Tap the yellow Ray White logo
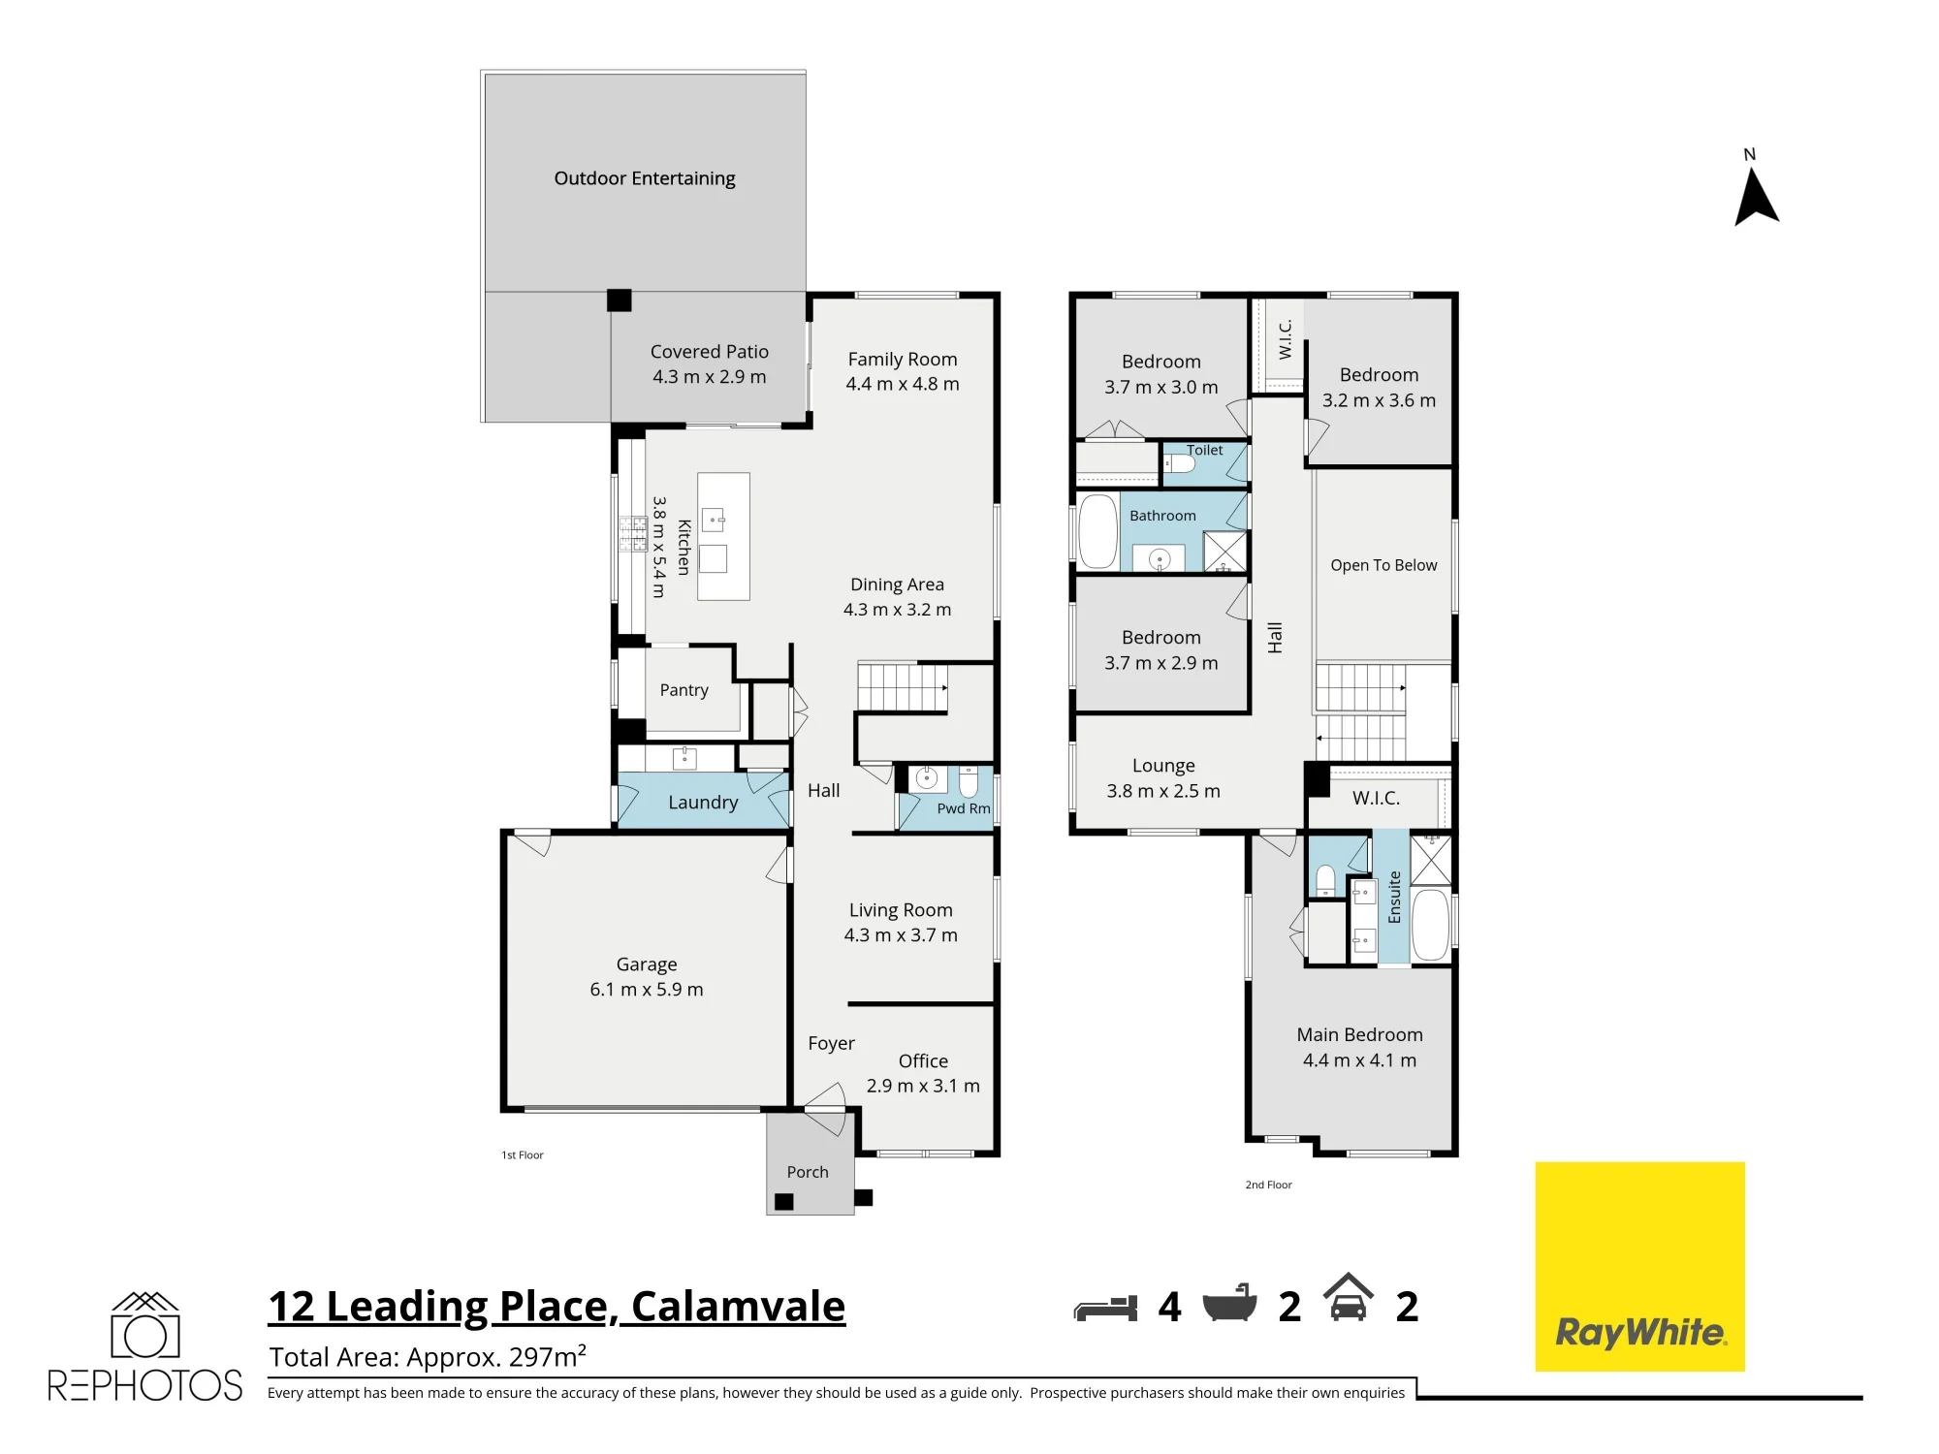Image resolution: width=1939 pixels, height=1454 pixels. point(1639,1266)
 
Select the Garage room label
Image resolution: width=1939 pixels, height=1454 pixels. point(647,964)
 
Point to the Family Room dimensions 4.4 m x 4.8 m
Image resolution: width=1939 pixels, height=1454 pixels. point(903,384)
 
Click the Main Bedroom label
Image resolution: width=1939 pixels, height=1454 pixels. point(1359,1034)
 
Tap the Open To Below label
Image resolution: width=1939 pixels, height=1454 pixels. point(1383,565)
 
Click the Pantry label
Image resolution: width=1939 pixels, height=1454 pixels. point(684,690)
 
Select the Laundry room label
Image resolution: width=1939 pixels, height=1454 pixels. point(703,803)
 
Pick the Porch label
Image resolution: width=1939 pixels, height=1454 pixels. point(808,1172)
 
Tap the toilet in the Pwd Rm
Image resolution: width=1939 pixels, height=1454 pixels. point(969,782)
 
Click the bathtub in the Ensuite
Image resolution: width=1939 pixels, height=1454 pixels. point(1430,924)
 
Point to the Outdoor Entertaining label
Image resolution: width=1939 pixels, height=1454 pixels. point(645,178)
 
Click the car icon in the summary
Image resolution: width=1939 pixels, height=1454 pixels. point(1349,1297)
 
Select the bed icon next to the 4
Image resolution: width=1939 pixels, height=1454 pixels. point(1105,1308)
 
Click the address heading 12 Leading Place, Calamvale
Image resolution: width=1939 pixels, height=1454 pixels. point(556,1307)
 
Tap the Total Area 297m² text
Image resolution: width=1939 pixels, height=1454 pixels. point(428,1356)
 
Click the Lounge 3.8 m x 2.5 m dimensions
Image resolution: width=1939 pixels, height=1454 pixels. point(1163,791)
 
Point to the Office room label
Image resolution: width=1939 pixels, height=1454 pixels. point(923,1061)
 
